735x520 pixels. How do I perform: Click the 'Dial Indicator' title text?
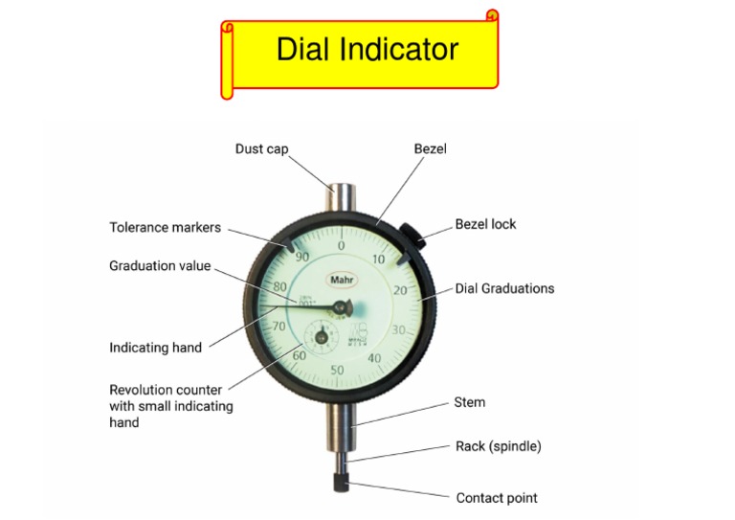click(x=367, y=50)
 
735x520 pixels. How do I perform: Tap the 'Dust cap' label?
click(x=261, y=148)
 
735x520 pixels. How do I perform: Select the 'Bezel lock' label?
click(x=485, y=224)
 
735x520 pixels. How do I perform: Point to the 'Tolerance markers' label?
click(x=165, y=228)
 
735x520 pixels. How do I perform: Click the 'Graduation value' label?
click(x=160, y=266)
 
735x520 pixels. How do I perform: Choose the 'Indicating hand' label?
click(x=155, y=348)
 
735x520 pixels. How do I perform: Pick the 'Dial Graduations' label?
click(x=504, y=288)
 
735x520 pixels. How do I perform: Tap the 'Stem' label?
click(x=469, y=402)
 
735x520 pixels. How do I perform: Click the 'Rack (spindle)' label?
click(x=499, y=446)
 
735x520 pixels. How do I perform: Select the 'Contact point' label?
click(x=497, y=498)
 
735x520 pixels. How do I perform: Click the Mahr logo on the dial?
click(x=341, y=280)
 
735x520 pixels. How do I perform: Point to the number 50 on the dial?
click(x=337, y=370)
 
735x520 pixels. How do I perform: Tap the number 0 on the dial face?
click(x=342, y=246)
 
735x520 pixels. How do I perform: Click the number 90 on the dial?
click(x=301, y=257)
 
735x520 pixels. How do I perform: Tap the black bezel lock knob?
click(x=412, y=235)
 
